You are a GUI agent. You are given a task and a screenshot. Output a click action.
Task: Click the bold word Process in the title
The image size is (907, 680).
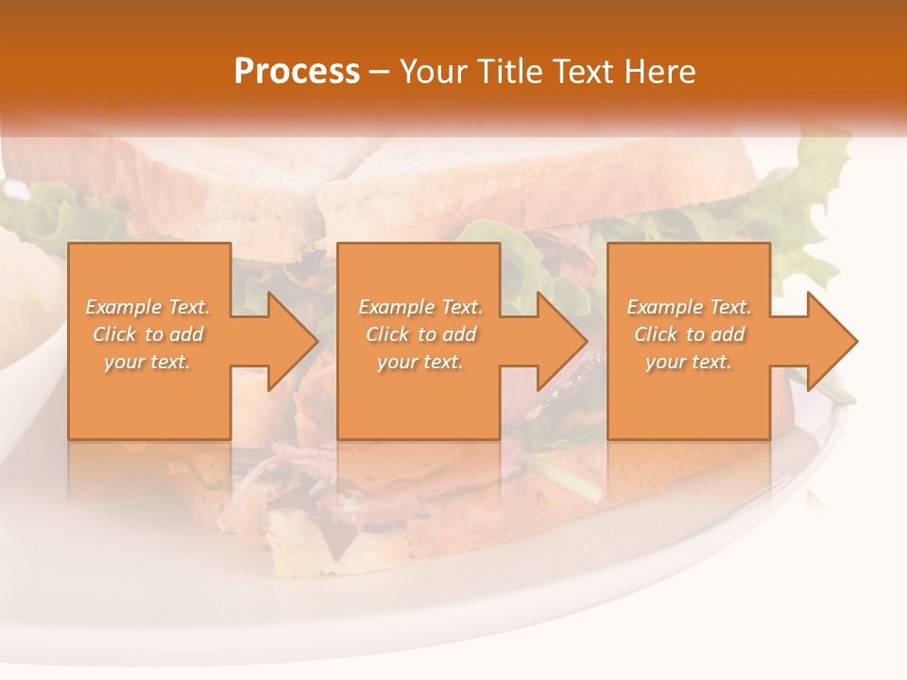pos(297,72)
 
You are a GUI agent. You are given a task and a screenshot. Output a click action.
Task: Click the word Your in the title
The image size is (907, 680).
pos(434,72)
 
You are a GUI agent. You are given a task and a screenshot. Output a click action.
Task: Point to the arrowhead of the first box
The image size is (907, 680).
pos(287,341)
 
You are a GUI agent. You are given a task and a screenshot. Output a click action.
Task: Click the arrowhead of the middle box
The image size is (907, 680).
pos(557,341)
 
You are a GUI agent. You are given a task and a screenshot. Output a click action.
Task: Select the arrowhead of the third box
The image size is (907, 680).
pos(828,341)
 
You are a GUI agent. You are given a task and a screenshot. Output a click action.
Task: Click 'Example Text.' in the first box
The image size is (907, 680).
pos(147,307)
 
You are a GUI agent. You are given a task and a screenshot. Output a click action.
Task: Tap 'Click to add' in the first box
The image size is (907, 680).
pos(148,334)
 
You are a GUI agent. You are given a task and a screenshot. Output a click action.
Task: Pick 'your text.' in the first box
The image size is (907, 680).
pos(147,362)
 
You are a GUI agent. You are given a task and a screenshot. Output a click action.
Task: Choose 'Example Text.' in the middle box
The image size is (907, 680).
pos(420,307)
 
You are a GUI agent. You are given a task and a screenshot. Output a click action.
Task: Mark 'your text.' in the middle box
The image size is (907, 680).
pos(420,362)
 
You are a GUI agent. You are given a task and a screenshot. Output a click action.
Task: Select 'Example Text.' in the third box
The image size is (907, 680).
pos(689,307)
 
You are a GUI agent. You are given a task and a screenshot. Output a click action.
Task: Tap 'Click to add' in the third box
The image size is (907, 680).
pos(690,334)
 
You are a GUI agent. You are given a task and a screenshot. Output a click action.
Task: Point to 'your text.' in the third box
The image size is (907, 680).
pos(689,362)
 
